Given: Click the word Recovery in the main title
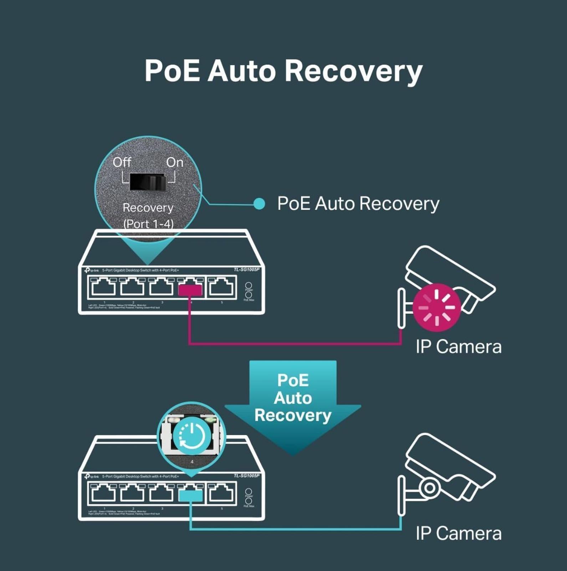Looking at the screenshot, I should coord(353,71).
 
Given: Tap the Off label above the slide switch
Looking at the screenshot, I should coord(122,162).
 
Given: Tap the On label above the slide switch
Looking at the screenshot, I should coord(175,162).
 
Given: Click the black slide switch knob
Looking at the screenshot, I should coord(147,182).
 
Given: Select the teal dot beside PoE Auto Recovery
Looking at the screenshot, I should coord(259,204).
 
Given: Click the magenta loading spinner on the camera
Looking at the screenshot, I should coord(436,307).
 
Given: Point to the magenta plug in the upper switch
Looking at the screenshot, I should coord(190,290).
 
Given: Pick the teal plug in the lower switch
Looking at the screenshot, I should coord(190,496).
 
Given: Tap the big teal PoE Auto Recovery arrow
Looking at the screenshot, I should coord(293,403).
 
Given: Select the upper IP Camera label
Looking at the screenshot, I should coord(459,347).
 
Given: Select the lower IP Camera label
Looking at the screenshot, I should coord(459,534).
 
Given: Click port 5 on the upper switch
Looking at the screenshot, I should coord(221,288).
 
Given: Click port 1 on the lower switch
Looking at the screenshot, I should coord(103,494).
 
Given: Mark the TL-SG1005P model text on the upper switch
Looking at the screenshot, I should coord(246,269).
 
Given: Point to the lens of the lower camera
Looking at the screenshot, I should coord(429,487).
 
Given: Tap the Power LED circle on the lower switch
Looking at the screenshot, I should coord(249,492).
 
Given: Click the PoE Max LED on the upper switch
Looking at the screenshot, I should coord(249,295).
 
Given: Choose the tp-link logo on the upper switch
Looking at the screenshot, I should coord(92,271).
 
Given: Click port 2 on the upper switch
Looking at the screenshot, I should coord(132,288).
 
